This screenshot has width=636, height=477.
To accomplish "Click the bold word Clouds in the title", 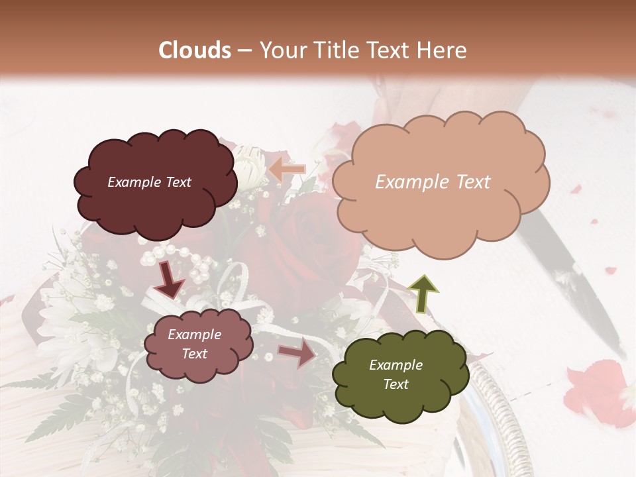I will click(195, 50).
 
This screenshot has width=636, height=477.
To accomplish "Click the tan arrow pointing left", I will click(286, 170).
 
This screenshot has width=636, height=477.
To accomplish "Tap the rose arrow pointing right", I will click(297, 353).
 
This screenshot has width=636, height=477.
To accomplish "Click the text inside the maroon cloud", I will click(149, 182).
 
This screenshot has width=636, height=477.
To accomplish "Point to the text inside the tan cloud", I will click(433, 182).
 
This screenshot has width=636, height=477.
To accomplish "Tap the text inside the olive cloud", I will click(396, 374).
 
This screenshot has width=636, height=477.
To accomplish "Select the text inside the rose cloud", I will click(194, 344).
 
